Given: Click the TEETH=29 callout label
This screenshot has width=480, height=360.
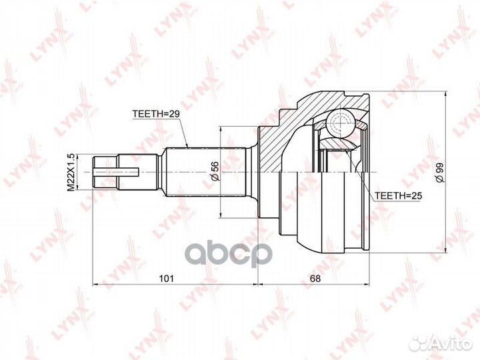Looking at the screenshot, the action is pos(156,114).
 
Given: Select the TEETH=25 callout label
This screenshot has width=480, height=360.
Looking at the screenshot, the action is pos(399,195).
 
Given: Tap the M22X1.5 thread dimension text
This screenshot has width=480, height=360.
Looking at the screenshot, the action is pos(71,173).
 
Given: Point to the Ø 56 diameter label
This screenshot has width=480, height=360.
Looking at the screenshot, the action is pos(215,171).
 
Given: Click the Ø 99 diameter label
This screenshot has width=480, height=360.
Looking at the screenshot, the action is pos(440,173).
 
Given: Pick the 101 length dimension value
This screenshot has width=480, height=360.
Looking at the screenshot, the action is pos(166,278).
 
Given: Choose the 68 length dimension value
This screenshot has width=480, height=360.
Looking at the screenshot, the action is pos(315,278).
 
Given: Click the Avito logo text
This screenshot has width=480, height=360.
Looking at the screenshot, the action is pos(452,344).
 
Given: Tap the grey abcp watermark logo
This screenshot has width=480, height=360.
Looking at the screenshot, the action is pos(229,253).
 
